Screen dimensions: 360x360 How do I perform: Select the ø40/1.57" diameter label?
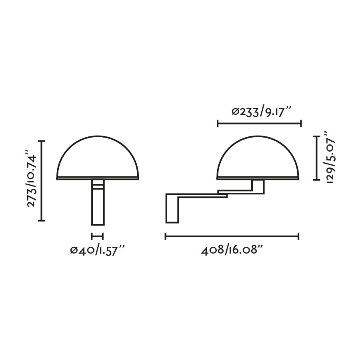click(98, 251)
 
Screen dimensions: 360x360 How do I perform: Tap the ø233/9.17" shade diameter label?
click(260, 112)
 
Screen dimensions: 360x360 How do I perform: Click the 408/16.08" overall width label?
click(232, 251)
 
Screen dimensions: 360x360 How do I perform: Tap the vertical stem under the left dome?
click(98, 206)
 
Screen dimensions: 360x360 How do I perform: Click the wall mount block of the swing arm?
click(172, 208)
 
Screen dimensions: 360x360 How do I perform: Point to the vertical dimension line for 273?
click(43, 180)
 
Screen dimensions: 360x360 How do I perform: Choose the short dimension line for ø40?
click(97, 236)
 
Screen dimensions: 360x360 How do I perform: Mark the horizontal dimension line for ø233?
click(259, 124)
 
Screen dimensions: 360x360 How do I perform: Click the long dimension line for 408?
click(232, 236)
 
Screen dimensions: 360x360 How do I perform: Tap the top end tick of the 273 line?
click(43, 141)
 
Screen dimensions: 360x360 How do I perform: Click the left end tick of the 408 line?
click(166, 236)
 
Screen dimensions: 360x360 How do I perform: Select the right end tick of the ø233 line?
click(300, 124)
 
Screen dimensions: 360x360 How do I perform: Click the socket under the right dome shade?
click(258, 186)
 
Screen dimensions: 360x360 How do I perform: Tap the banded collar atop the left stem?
click(98, 184)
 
